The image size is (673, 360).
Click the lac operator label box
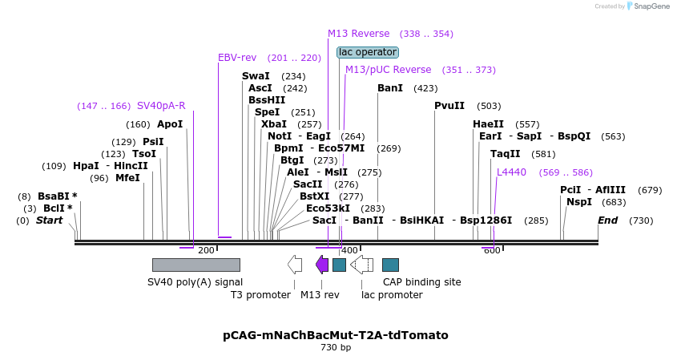367,52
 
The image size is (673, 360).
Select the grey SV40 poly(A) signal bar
196,265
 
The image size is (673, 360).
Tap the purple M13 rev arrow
322,265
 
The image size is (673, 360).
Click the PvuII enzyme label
449,106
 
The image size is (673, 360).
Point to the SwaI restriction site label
256,76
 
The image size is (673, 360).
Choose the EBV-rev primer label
237,58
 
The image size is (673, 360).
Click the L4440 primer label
512,172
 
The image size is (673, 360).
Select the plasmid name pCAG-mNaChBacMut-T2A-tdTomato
336,335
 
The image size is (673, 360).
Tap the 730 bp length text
336,348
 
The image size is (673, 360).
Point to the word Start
49,220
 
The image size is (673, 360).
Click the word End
608,220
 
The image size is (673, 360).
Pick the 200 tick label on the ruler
206,251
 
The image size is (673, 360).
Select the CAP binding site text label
422,282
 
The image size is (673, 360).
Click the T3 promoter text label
260,295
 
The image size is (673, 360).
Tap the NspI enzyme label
579,202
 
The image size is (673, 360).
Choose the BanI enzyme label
390,88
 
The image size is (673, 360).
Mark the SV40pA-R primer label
161,106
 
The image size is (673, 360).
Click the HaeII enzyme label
489,124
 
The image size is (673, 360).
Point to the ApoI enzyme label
170,124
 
